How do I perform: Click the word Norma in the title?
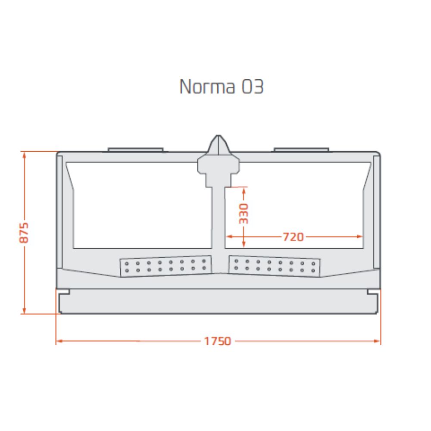[207, 87]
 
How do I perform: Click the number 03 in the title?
[253, 87]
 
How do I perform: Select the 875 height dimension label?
[24, 233]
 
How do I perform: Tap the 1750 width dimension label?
[217, 341]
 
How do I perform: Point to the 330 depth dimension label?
[244, 214]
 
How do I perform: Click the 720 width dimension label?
[293, 237]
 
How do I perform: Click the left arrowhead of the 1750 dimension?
[59, 341]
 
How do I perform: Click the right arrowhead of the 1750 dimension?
[378, 341]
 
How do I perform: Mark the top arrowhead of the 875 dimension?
[24, 155]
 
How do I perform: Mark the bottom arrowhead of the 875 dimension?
[24, 310]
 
